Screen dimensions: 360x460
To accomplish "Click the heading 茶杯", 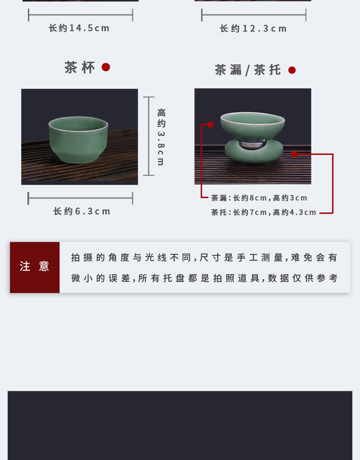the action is [x=80, y=68].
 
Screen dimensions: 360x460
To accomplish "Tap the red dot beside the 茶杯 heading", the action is [x=106, y=67].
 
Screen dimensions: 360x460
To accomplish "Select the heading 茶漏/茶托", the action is [x=248, y=70].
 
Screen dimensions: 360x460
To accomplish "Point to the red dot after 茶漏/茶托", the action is [x=292, y=70].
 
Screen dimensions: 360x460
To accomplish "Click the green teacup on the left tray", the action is [x=78, y=139].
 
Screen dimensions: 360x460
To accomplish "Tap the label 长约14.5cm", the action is [x=79, y=28].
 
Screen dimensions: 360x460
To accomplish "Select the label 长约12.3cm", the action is [x=253, y=28].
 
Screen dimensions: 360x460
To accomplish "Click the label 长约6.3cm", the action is [x=82, y=211].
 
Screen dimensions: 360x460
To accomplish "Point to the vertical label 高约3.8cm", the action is [x=161, y=137].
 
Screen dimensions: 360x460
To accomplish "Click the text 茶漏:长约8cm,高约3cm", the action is [x=259, y=198].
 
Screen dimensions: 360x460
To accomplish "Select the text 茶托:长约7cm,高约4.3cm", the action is [x=264, y=212].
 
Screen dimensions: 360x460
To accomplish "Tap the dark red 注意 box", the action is [x=35, y=267].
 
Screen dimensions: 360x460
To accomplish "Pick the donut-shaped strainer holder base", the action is [x=254, y=151].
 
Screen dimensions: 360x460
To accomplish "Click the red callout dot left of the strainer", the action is [x=211, y=124].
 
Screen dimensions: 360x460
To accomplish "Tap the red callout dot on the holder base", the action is [x=294, y=154].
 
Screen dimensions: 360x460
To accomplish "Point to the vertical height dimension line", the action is [x=149, y=136].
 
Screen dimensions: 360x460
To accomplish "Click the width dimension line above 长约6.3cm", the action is [x=80, y=198].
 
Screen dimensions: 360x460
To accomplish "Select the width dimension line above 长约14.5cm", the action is [x=81, y=15].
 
